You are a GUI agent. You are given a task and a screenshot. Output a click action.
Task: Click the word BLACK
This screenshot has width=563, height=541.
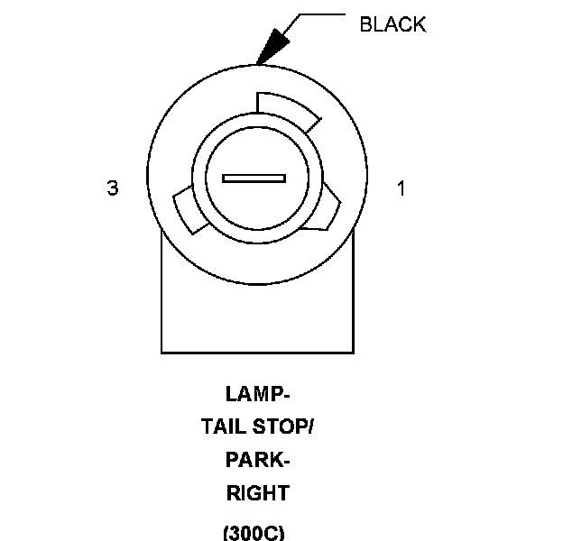pyautogui.click(x=392, y=24)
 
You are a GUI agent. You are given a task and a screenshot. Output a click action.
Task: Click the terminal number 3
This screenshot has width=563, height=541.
pyautogui.click(x=113, y=188)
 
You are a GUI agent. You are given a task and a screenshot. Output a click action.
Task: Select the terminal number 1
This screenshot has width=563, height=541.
pyautogui.click(x=401, y=188)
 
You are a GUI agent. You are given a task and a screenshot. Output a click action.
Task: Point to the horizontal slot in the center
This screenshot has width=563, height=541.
pyautogui.click(x=254, y=179)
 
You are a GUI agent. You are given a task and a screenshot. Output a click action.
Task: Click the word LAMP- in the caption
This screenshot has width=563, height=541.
pyautogui.click(x=257, y=394)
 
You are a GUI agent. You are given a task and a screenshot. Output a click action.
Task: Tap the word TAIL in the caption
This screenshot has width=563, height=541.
pyautogui.click(x=221, y=427)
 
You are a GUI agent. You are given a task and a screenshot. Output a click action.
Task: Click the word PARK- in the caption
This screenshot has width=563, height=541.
pyautogui.click(x=257, y=461)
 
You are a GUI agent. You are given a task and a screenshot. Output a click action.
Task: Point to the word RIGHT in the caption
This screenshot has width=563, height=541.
pyautogui.click(x=257, y=494)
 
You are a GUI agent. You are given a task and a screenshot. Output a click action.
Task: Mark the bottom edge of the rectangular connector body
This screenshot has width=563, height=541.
pyautogui.click(x=257, y=352)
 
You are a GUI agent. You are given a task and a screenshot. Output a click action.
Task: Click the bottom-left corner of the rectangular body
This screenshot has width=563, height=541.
pyautogui.click(x=162, y=352)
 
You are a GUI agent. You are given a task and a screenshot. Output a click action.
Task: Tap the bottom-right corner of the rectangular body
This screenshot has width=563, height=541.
pyautogui.click(x=352, y=352)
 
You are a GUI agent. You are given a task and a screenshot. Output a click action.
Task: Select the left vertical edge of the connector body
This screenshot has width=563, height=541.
pyautogui.click(x=162, y=289)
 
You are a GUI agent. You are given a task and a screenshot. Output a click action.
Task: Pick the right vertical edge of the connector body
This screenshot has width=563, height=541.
pyautogui.click(x=352, y=289)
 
